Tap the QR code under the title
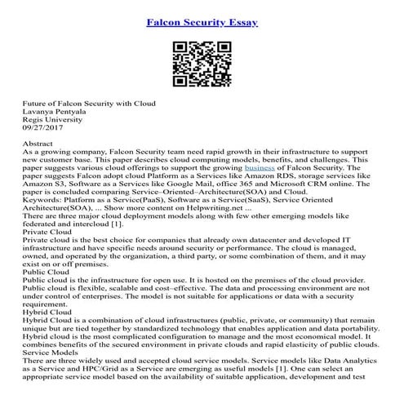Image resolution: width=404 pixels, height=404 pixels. (x=202, y=60)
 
